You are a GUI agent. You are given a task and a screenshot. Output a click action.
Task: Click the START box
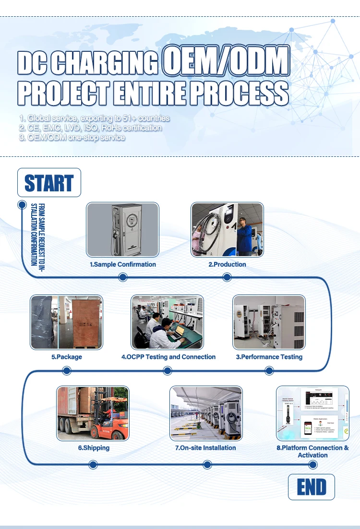tap(49, 183)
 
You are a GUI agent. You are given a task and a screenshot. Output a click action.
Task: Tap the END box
tap(311, 487)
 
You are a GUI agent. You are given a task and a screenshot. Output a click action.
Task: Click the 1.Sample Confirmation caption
tap(123, 264)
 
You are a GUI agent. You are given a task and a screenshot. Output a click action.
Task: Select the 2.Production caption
tap(227, 264)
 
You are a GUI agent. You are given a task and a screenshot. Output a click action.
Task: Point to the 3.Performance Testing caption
tap(269, 357)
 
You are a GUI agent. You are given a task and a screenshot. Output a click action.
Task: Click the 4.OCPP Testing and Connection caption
tap(168, 357)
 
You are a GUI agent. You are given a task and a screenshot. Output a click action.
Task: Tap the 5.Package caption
tap(67, 357)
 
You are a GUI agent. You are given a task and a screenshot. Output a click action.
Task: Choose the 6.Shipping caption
tap(94, 447)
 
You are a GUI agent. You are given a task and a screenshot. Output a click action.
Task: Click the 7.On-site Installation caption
tap(205, 447)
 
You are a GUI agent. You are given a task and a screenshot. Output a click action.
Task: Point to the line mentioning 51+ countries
tap(95, 118)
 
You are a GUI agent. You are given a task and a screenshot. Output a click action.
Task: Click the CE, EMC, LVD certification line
tap(90, 128)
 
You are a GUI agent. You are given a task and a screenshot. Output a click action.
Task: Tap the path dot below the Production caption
tap(227, 277)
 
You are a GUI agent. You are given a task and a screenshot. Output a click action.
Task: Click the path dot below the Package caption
tap(67, 370)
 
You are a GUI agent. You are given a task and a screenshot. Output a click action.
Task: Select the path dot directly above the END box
tap(313, 464)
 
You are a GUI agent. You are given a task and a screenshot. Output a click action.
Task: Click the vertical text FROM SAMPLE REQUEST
tap(37, 234)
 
